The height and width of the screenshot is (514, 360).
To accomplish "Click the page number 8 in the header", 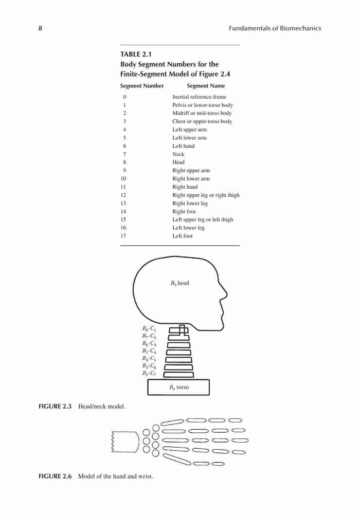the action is (40, 28).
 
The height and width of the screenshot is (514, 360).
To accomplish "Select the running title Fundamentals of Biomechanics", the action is (275, 28).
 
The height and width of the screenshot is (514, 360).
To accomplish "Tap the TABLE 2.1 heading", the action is (136, 54).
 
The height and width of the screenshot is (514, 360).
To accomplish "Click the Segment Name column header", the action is (206, 86).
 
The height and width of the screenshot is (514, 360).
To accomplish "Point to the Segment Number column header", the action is (142, 86).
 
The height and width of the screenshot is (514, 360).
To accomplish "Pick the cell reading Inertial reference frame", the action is (200, 97).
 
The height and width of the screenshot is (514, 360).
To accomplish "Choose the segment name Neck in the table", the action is (178, 154).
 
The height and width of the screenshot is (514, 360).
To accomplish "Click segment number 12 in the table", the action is (123, 195).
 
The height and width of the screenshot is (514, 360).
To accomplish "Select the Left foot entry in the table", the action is (183, 236).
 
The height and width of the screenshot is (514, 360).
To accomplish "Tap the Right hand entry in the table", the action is (185, 187).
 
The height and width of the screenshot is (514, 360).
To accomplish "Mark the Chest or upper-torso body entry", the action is (202, 121).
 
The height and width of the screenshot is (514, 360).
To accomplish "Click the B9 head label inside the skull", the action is (179, 283).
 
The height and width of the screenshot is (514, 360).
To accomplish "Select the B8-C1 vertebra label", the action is (149, 328).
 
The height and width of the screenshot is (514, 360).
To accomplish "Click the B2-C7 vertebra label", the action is (149, 373).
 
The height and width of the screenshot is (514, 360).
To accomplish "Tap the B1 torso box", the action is (178, 387).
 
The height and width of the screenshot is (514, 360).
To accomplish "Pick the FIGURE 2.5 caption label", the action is (55, 407).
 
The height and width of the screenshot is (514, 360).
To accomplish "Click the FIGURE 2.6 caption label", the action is (55, 476).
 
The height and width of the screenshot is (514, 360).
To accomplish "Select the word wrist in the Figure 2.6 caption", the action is (146, 476).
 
